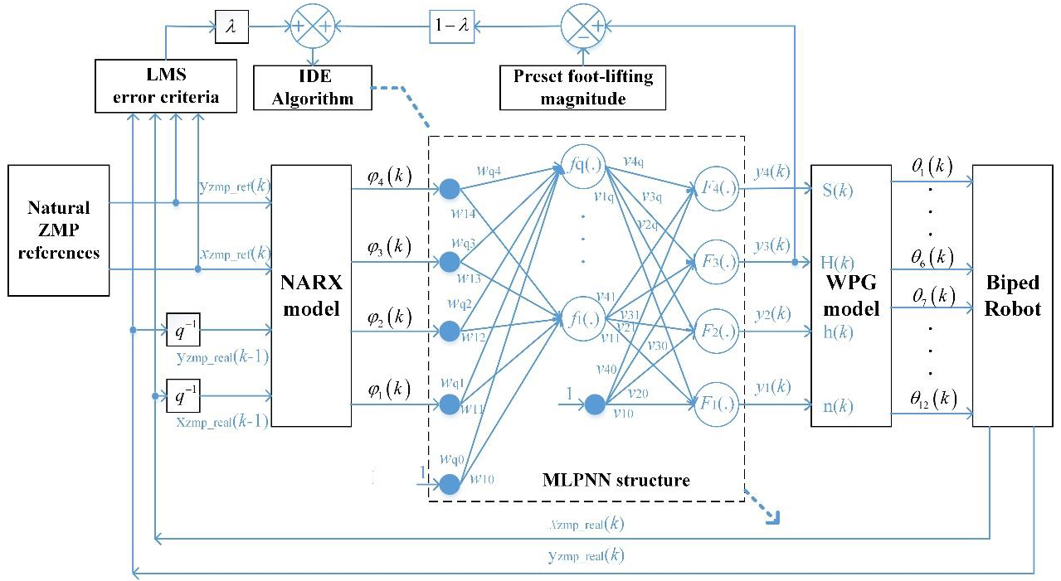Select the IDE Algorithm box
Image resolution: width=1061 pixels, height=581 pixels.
pos(314,88)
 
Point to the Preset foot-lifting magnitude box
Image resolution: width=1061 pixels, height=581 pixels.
pos(582,88)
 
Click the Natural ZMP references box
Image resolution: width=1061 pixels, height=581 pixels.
pos(58,230)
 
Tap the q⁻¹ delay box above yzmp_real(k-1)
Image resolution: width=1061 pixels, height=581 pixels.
pos(183,330)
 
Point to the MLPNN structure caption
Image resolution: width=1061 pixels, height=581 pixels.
pos(616,480)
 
